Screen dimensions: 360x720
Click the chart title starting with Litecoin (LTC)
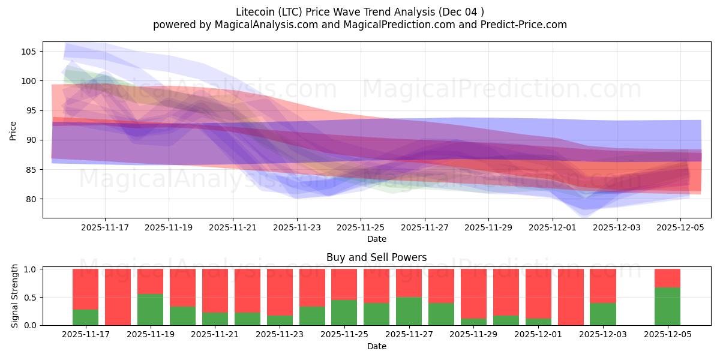coord(360,11)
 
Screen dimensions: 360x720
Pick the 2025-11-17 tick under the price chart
coord(105,228)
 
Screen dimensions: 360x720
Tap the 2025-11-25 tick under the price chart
coord(361,228)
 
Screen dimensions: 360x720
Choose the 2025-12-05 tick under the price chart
coord(680,228)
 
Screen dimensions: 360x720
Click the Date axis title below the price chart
coord(377,239)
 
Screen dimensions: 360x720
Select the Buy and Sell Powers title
coord(377,257)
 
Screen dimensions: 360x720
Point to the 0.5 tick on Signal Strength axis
coord(30,298)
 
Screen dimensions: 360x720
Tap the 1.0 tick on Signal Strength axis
coord(30,269)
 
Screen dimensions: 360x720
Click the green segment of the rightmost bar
coord(667,307)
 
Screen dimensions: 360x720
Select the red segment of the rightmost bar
coord(667,278)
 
